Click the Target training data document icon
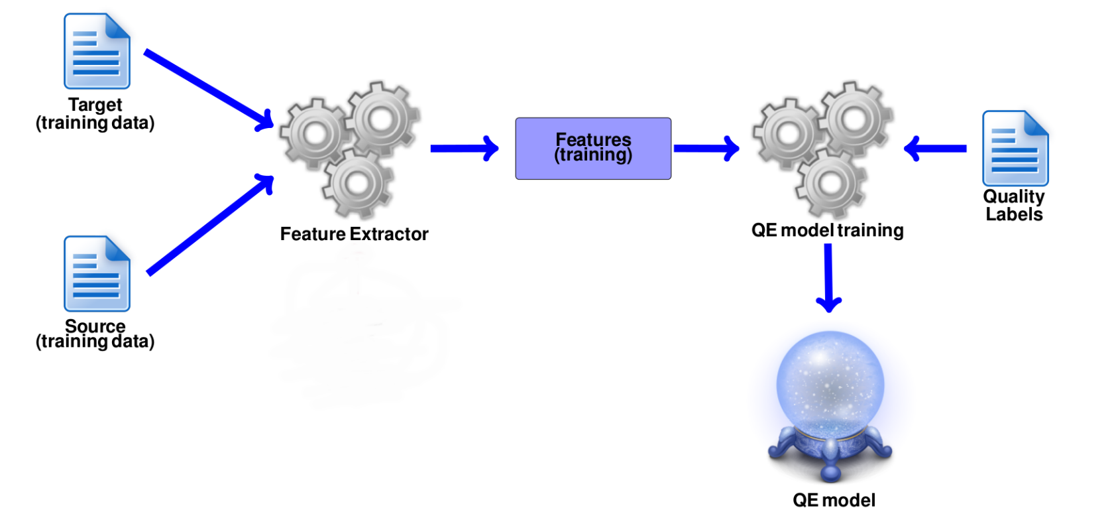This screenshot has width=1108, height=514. click(x=97, y=51)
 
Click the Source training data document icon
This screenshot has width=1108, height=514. click(x=97, y=273)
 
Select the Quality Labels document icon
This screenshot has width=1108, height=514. click(x=1015, y=148)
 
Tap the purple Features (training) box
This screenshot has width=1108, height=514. click(x=593, y=148)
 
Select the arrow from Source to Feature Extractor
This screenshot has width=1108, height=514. click(x=210, y=224)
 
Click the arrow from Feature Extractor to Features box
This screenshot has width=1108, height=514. click(x=465, y=148)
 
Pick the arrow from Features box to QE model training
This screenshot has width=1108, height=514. click(x=706, y=148)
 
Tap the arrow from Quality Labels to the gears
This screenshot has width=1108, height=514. click(x=935, y=148)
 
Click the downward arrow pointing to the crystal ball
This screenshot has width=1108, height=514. click(x=828, y=278)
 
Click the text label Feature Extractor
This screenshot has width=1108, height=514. click(x=354, y=233)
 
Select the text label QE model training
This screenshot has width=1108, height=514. click(x=827, y=230)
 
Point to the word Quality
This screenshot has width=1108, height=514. click(x=1013, y=196)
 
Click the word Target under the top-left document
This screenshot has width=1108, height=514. click(x=95, y=105)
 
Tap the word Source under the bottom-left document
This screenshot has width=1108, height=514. click(x=95, y=326)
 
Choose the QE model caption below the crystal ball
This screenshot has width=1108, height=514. click(x=834, y=499)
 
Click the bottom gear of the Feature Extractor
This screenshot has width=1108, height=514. click(x=357, y=184)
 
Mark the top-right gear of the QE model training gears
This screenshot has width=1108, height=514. click(x=856, y=119)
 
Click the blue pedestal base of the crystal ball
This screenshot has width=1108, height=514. click(x=830, y=452)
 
